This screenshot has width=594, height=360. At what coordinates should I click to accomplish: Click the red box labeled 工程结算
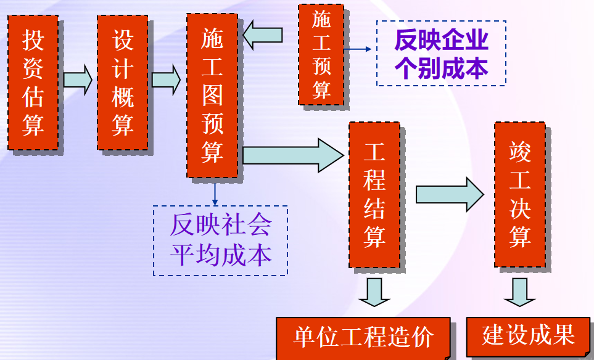pyautogui.click(x=374, y=195)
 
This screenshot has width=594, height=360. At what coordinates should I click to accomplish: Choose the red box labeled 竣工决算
pyautogui.click(x=519, y=194)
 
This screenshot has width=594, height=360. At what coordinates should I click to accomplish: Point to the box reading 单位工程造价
pyautogui.click(x=363, y=338)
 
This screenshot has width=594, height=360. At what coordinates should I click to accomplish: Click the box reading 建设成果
pyautogui.click(x=528, y=335)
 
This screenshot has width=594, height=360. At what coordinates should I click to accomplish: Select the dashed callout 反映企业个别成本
pyautogui.click(x=441, y=54)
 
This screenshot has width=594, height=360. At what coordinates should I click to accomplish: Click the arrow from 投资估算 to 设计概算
pyautogui.click(x=78, y=80)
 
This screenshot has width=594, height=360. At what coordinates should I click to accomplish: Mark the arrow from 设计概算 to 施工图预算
pyautogui.click(x=167, y=80)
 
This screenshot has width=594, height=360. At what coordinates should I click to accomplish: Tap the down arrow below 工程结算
pyautogui.click(x=374, y=292)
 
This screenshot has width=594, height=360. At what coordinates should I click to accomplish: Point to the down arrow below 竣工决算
pyautogui.click(x=519, y=292)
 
